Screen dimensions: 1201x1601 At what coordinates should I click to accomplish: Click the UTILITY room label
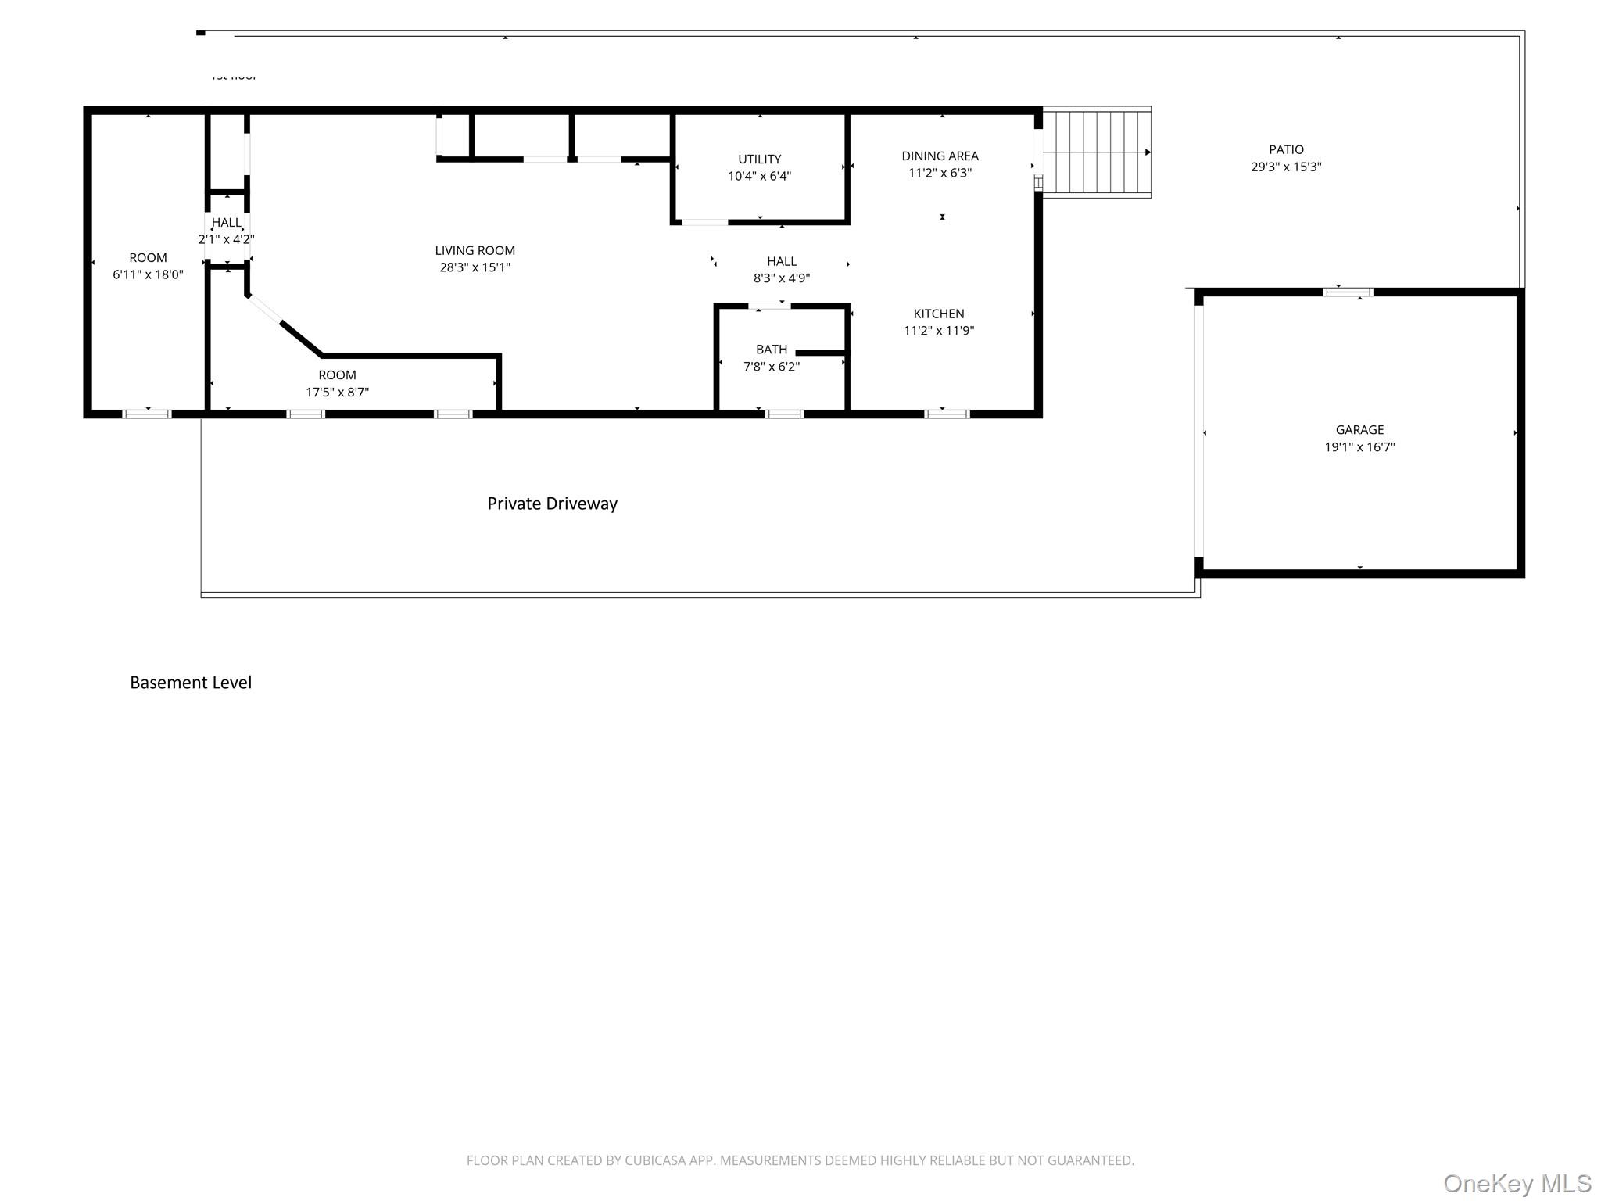pyautogui.click(x=759, y=159)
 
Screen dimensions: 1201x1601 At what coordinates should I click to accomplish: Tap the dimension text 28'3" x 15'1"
pyautogui.click(x=475, y=267)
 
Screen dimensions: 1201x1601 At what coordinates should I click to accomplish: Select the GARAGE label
pyautogui.click(x=1359, y=430)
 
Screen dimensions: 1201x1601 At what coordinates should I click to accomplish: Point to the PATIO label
pyautogui.click(x=1286, y=149)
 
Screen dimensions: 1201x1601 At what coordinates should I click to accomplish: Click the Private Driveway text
pyautogui.click(x=552, y=504)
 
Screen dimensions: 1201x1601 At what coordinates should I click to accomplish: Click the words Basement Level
pyautogui.click(x=191, y=683)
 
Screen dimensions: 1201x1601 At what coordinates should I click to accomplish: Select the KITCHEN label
pyautogui.click(x=938, y=314)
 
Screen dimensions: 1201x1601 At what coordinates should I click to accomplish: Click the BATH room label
pyautogui.click(x=771, y=350)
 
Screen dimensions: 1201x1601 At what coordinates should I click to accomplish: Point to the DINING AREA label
pyautogui.click(x=940, y=156)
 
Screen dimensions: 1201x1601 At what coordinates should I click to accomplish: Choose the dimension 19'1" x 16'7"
pyautogui.click(x=1359, y=447)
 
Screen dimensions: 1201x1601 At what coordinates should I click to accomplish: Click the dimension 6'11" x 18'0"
pyautogui.click(x=148, y=274)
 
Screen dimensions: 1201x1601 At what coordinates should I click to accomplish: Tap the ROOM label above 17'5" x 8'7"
pyautogui.click(x=337, y=375)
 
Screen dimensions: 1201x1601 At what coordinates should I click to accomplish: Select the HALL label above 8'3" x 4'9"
pyautogui.click(x=781, y=261)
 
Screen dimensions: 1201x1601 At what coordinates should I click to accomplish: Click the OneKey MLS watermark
pyautogui.click(x=1517, y=1184)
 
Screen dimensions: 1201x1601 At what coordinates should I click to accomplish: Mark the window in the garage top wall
pyautogui.click(x=1348, y=292)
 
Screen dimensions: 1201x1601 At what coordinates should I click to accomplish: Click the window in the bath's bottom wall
pyautogui.click(x=784, y=414)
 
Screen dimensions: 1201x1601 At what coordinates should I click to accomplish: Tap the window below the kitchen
pyautogui.click(x=947, y=414)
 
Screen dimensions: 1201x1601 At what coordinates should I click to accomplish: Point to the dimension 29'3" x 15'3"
pyautogui.click(x=1286, y=167)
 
